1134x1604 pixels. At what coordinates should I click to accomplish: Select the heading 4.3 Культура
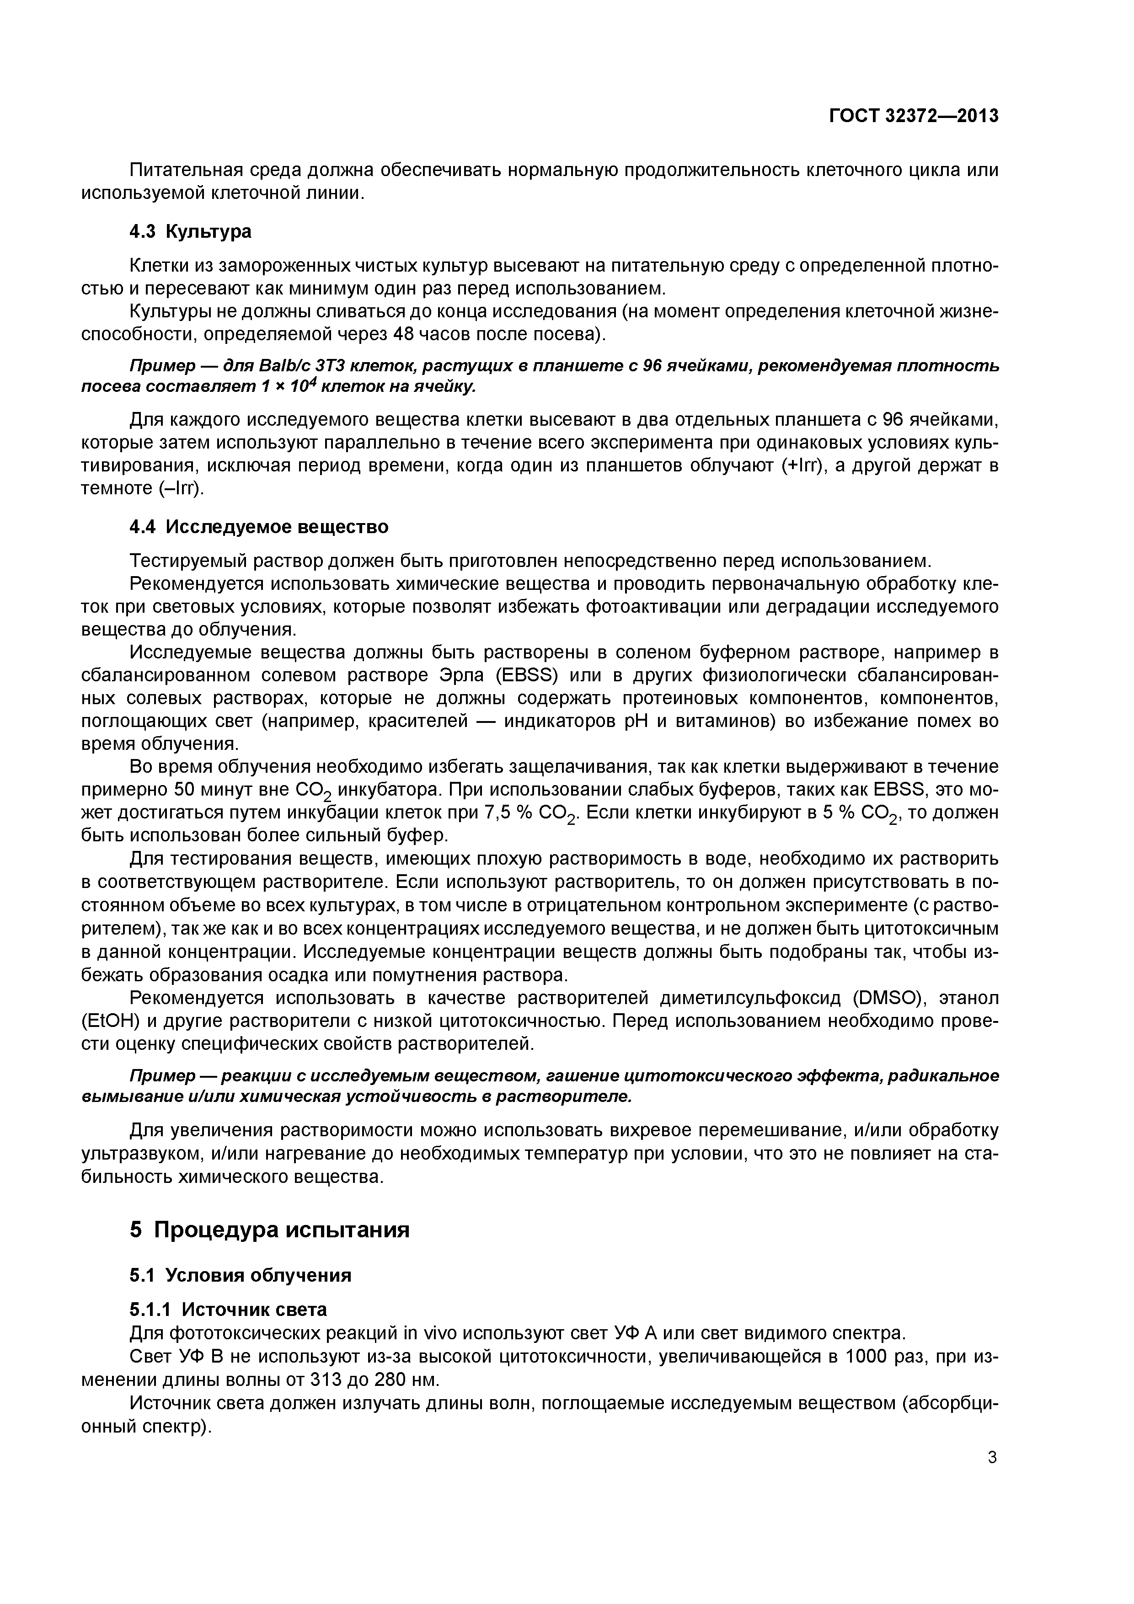pyautogui.click(x=190, y=231)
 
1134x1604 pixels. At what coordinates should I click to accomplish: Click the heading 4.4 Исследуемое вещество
pyautogui.click(x=258, y=527)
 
